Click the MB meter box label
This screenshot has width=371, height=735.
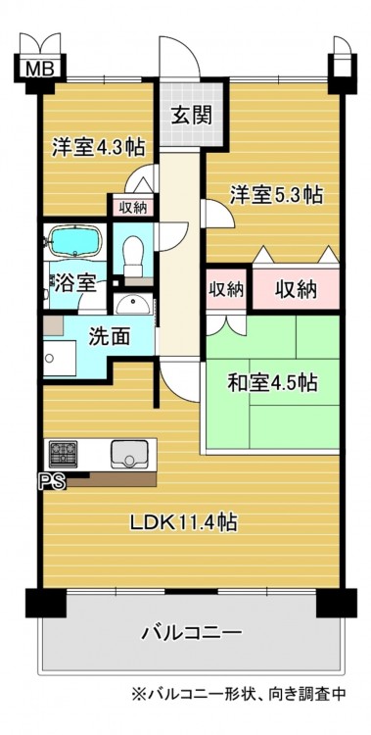[40, 69]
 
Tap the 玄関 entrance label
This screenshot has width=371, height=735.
[192, 115]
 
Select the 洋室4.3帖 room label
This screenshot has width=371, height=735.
[98, 148]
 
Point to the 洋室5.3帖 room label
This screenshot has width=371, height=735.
[276, 194]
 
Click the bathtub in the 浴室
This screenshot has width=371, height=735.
[76, 241]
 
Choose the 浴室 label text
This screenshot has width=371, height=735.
[76, 283]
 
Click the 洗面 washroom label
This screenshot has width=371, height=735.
[110, 338]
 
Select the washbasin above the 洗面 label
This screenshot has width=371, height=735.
[133, 306]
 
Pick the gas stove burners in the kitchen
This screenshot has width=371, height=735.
[64, 454]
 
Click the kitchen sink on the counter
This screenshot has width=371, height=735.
[129, 454]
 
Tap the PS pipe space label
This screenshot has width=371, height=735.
[52, 482]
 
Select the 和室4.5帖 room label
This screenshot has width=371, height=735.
[273, 383]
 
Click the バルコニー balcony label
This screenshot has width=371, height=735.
[192, 634]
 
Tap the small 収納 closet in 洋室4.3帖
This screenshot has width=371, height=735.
[133, 207]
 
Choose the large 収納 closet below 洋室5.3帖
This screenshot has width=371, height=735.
[296, 290]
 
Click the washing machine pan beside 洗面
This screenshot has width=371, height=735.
[60, 358]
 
